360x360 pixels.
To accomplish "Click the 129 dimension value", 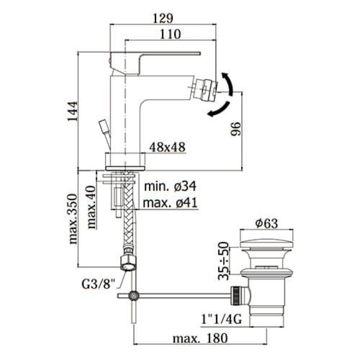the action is tap(163, 18).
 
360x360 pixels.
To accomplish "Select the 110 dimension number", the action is tap(170, 34).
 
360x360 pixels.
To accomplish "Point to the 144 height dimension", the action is tap(72, 111).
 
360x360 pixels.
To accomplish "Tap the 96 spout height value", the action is tap(236, 129).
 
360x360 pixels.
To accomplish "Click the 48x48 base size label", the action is tap(167, 147).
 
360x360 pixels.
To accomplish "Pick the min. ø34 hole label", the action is tap(170, 186).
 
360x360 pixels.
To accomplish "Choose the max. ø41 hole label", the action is tap(170, 203).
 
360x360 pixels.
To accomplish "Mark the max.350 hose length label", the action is tap(73, 219).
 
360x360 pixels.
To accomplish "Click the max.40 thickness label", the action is tap(91, 207).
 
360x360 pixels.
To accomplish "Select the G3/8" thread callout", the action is tap(98, 284).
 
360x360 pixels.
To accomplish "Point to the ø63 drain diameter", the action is tap(266, 223).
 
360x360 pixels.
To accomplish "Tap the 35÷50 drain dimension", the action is tap(223, 261).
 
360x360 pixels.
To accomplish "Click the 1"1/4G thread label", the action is tap(221, 319).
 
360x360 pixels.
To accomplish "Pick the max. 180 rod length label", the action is tap(200, 338).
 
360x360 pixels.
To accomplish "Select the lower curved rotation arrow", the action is tap(219, 109).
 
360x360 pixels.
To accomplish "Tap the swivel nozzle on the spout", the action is tap(205, 89).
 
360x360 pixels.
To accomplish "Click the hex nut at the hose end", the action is tap(128, 263).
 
